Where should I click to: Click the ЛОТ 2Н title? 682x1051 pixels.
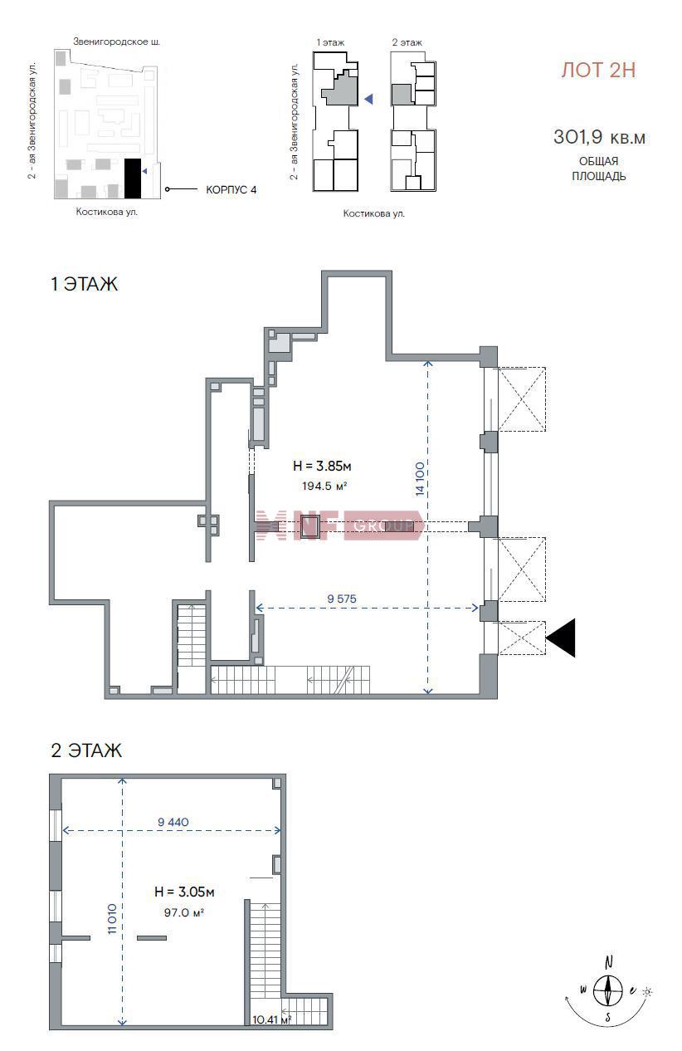[598, 71]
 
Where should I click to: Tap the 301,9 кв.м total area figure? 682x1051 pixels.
[599, 138]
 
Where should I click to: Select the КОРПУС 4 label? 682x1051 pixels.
[231, 190]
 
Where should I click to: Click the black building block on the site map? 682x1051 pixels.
[133, 178]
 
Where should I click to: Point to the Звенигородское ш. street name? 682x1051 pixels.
[117, 42]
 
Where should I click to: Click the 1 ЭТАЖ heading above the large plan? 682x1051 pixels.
[85, 284]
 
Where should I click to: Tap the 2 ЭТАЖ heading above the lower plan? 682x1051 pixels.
[86, 750]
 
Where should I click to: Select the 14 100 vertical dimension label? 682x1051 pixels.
[419, 478]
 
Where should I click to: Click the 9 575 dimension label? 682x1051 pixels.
[342, 599]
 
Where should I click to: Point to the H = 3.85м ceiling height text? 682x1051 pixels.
[322, 466]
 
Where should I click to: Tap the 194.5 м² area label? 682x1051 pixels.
[324, 486]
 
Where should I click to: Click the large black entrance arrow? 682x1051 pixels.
[561, 638]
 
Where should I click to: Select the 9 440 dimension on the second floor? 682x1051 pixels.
[173, 822]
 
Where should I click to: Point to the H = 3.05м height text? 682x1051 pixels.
[184, 892]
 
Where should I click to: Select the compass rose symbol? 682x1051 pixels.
[608, 991]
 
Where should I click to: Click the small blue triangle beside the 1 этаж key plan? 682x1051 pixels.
[368, 99]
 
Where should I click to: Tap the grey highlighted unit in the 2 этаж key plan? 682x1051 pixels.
[401, 95]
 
